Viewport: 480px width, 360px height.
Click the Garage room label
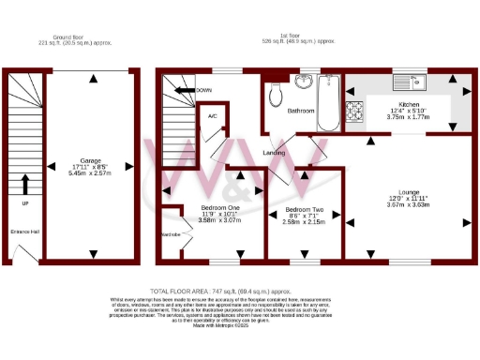[90, 160]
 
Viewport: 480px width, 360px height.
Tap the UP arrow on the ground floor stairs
[25, 184]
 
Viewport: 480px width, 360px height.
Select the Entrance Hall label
[24, 232]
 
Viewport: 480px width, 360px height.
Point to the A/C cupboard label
[212, 116]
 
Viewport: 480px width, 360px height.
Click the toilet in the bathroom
[275, 96]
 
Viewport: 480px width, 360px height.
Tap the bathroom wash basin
[303, 82]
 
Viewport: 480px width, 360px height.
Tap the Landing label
[274, 152]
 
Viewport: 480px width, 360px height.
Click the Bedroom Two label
[305, 209]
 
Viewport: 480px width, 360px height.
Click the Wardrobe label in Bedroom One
[171, 235]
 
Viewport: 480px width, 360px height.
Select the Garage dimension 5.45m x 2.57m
[90, 173]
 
